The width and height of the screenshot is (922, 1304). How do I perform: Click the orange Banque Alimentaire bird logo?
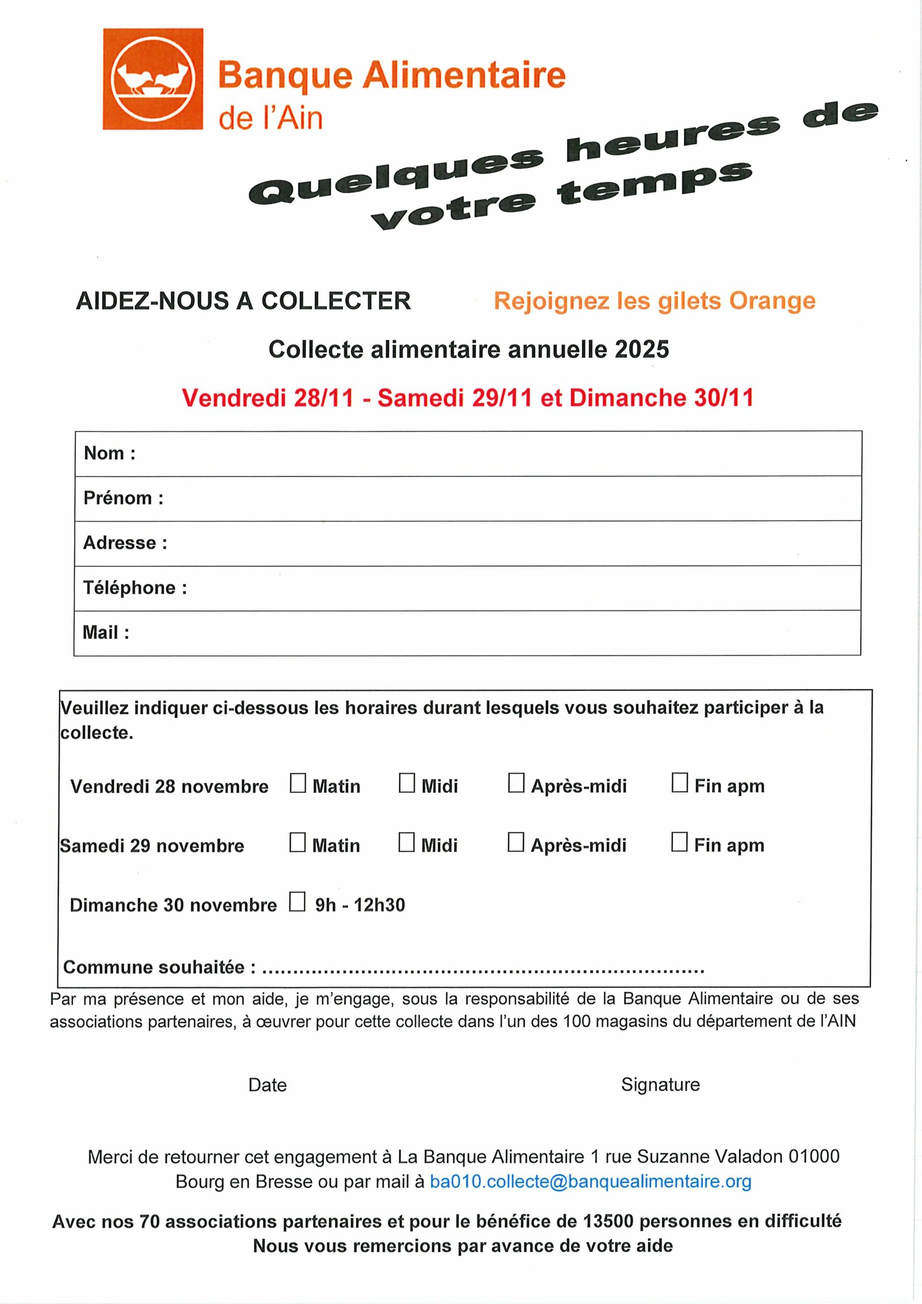153,79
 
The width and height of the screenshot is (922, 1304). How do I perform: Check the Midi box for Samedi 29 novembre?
406,843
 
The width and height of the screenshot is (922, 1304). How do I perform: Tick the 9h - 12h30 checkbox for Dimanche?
297,901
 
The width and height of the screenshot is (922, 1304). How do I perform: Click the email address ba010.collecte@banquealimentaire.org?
590,1181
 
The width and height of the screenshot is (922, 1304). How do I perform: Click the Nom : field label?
110,453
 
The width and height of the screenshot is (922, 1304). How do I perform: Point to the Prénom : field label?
123,498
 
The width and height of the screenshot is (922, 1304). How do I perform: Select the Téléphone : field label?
135,588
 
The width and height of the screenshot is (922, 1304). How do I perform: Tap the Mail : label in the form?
106,633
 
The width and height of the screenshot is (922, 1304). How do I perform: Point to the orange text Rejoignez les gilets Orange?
655,301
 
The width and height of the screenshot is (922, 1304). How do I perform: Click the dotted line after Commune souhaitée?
483,968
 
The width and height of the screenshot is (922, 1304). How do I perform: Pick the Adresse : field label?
125,543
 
